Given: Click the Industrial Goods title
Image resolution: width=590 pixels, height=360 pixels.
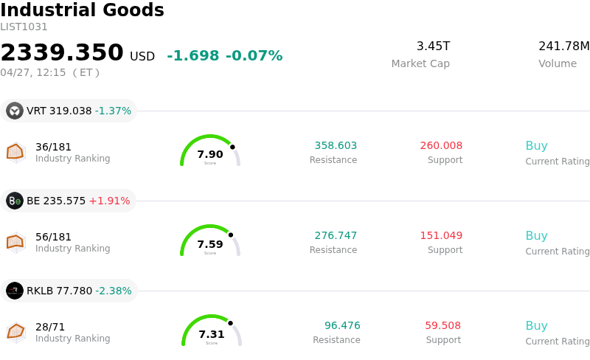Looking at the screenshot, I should pyautogui.click(x=82, y=10).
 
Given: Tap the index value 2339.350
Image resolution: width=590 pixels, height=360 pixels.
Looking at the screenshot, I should pyautogui.click(x=62, y=53).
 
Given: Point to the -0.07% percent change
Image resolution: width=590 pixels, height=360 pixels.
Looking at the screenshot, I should pyautogui.click(x=254, y=55).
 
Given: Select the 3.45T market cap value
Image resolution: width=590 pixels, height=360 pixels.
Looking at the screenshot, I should pyautogui.click(x=433, y=46).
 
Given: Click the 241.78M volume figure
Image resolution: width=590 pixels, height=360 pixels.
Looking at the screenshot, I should pyautogui.click(x=563, y=46).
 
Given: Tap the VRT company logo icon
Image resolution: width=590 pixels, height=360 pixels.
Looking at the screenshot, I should pyautogui.click(x=15, y=111).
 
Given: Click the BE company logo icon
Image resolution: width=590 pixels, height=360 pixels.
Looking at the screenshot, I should pyautogui.click(x=15, y=201).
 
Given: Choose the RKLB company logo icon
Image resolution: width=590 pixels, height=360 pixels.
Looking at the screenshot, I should pyautogui.click(x=15, y=291).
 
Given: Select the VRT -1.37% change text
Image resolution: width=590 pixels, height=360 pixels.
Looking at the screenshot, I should pyautogui.click(x=113, y=111).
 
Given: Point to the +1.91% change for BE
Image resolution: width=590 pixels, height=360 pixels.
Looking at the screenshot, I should pyautogui.click(x=109, y=201).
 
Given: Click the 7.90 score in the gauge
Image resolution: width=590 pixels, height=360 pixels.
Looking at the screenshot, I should pyautogui.click(x=210, y=154).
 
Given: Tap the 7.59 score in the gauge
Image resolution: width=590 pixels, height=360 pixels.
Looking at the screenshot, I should pyautogui.click(x=210, y=244).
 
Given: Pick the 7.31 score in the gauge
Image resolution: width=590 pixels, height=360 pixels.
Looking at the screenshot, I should pyautogui.click(x=212, y=334).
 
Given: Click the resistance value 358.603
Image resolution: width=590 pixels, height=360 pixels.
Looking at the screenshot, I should pyautogui.click(x=336, y=145).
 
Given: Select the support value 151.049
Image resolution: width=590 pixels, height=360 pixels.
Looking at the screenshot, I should pyautogui.click(x=441, y=235).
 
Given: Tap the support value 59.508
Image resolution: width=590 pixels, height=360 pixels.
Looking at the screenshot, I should pyautogui.click(x=442, y=325).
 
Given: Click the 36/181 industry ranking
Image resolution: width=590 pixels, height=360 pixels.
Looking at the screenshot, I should pyautogui.click(x=53, y=147).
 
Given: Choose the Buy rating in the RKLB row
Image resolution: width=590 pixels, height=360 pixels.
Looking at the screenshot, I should pyautogui.click(x=536, y=325).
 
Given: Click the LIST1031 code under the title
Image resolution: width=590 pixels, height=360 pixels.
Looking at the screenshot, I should pyautogui.click(x=24, y=27).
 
